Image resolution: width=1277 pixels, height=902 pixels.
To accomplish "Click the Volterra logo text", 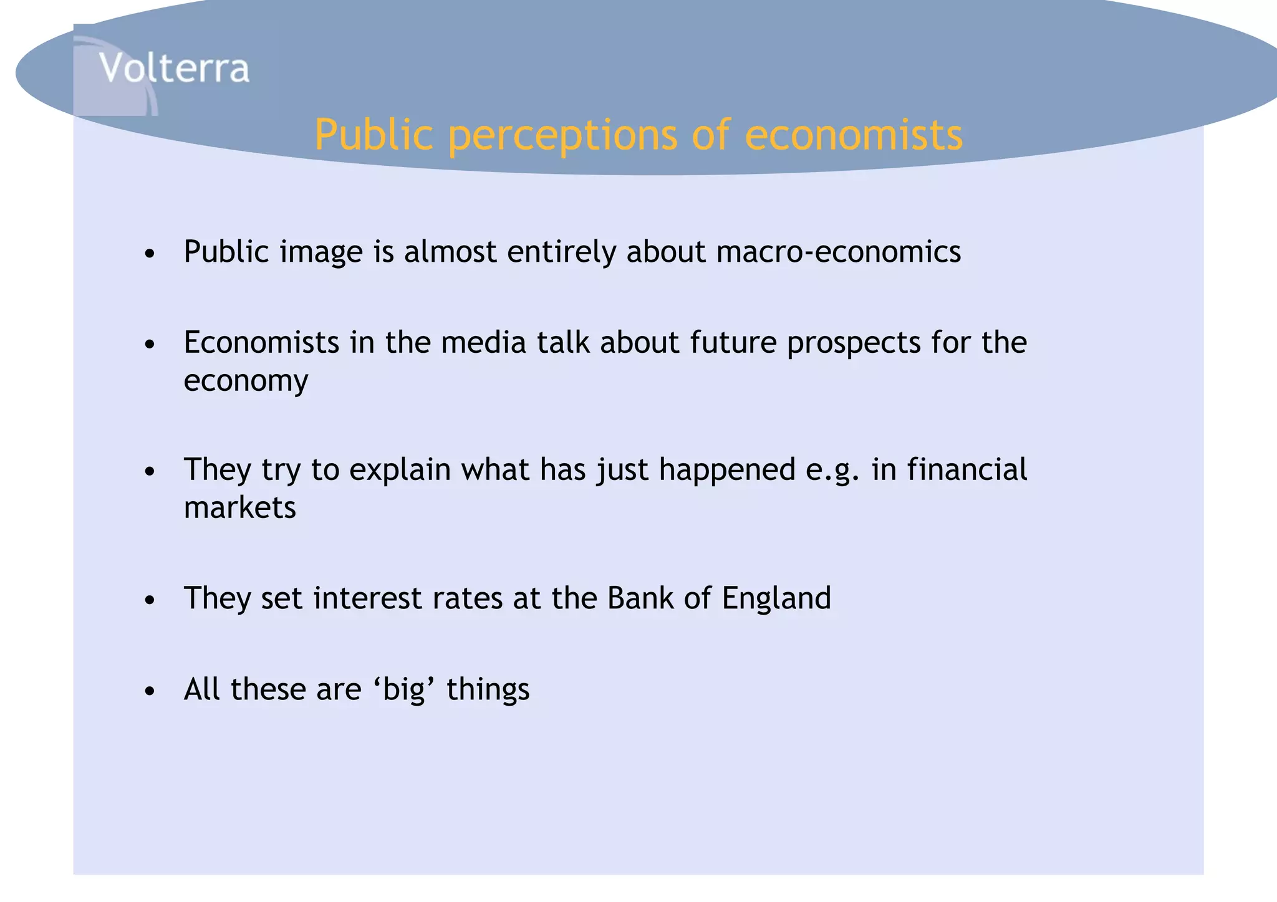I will coord(174,68).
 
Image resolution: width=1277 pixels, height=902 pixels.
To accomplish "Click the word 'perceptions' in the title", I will coord(562,135).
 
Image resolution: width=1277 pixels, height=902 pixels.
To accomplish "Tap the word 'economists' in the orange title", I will coord(854,135).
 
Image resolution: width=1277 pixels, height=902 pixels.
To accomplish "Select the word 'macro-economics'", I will coord(838,252).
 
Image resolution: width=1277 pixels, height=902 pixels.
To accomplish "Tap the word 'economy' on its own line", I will coord(246,381).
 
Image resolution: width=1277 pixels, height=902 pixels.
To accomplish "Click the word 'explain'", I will coord(400,471).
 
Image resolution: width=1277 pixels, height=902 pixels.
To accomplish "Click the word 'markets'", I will coord(239,507).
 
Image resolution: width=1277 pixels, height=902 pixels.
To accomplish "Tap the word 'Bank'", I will coord(640,598).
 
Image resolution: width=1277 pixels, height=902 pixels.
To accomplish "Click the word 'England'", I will coord(776,599).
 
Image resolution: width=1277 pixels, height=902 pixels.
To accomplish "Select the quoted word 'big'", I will coord(403,690).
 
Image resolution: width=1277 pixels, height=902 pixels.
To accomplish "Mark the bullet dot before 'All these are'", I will coord(149,691).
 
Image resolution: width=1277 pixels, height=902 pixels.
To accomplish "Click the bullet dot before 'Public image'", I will coord(149,254).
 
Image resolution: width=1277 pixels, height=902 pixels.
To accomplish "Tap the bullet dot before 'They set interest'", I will coord(149,600).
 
